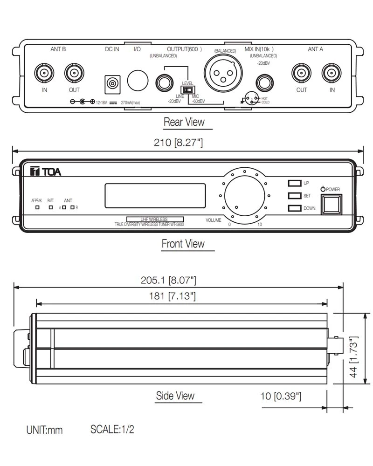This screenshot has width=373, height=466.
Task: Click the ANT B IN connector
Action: tap(45, 73)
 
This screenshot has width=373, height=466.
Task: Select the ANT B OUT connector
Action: tap(74, 73)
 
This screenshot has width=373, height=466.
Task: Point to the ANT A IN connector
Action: tap(332, 73)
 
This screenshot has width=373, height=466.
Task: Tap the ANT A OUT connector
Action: tap(302, 73)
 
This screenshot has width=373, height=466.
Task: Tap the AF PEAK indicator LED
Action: tap(37, 207)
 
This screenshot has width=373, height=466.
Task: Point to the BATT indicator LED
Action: tap(50, 207)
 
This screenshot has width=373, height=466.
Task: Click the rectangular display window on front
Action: tap(155, 196)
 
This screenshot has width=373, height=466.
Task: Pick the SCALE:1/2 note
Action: tap(112, 429)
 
